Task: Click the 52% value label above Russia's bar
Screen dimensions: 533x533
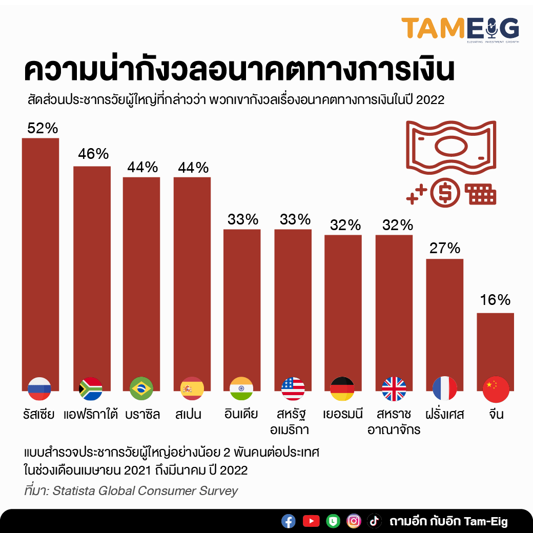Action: [43, 128]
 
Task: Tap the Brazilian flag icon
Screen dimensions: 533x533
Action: [141, 389]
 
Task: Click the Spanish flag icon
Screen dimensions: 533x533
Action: [192, 389]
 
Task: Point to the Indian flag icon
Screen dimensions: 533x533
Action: [241, 389]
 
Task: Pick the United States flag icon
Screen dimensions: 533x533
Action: [293, 389]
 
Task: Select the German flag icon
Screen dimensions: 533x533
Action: [342, 389]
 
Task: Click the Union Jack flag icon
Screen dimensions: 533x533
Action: [394, 389]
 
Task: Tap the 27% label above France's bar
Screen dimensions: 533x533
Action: [444, 249]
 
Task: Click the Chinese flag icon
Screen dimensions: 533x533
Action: [496, 389]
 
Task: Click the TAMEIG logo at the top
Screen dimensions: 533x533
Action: [460, 29]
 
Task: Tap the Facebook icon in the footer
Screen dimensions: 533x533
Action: [289, 521]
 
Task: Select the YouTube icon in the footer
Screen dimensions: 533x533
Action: [311, 521]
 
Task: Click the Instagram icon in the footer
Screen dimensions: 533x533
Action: [354, 521]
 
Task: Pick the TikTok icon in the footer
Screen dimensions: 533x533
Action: [375, 521]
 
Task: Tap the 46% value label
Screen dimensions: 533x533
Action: [93, 154]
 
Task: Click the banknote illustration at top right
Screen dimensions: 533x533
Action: [451, 145]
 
